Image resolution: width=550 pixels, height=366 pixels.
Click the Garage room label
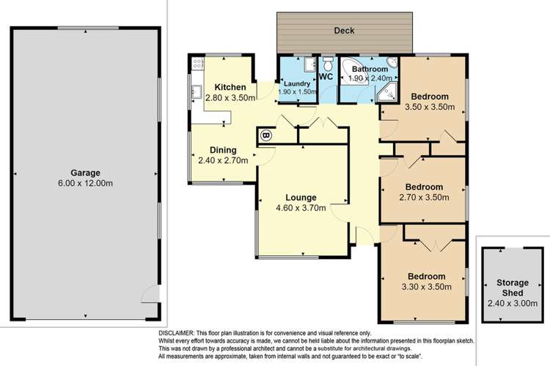(84, 173)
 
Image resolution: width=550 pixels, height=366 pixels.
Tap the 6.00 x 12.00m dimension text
(84, 183)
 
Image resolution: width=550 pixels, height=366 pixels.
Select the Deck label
(344, 31)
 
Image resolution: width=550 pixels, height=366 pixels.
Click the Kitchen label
(230, 86)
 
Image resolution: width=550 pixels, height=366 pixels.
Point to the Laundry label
(296, 83)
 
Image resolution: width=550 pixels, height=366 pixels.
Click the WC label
(326, 75)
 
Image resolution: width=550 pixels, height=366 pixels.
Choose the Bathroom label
(370, 69)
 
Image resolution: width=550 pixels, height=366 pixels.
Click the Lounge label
(301, 198)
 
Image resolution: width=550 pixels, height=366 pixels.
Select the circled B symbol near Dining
(265, 135)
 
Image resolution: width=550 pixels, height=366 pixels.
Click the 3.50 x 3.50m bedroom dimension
(430, 107)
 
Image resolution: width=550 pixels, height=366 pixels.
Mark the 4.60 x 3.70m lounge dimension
(301, 208)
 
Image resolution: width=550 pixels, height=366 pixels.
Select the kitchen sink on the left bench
(197, 93)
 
